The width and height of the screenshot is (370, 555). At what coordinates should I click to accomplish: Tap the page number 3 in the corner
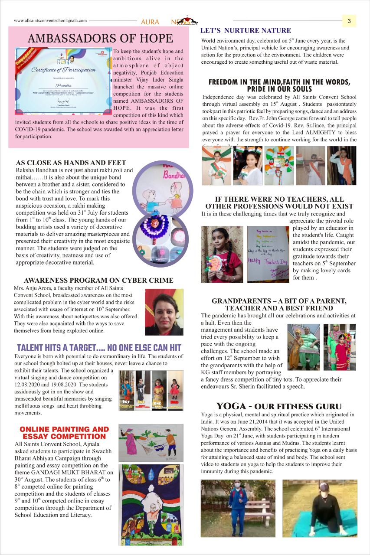coord(349,20)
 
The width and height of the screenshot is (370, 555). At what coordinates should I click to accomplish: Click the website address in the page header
coord(50,20)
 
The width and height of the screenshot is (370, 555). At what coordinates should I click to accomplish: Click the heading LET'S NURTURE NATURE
coord(245,31)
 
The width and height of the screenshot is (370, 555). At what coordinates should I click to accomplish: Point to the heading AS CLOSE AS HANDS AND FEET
coord(71,163)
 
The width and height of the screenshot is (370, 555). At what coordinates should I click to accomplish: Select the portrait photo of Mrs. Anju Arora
coord(164,312)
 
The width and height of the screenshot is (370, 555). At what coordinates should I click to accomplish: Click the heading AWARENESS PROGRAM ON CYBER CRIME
coord(98,281)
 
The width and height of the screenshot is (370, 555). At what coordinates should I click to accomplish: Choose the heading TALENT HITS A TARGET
coord(98,348)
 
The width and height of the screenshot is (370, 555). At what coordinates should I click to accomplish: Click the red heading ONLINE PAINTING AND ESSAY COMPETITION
coord(64,433)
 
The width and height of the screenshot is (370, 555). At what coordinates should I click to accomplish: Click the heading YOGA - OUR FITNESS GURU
coord(278,406)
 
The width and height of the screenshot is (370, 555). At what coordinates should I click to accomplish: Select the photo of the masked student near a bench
coord(238,508)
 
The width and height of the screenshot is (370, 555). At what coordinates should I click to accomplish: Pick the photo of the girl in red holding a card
coord(222,255)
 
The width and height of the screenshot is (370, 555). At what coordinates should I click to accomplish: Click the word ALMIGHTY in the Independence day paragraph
coord(296,132)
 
